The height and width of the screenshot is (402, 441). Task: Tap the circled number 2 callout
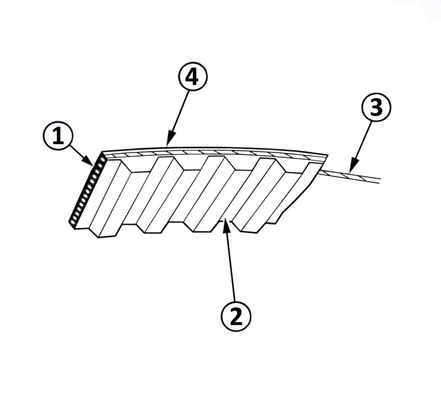(x=236, y=316)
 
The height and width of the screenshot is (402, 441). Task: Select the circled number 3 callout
(x=376, y=108)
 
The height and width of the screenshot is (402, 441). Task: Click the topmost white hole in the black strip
(x=102, y=159)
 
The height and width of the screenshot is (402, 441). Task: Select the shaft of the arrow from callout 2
(x=230, y=263)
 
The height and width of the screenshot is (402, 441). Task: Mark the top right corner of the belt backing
(x=327, y=154)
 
